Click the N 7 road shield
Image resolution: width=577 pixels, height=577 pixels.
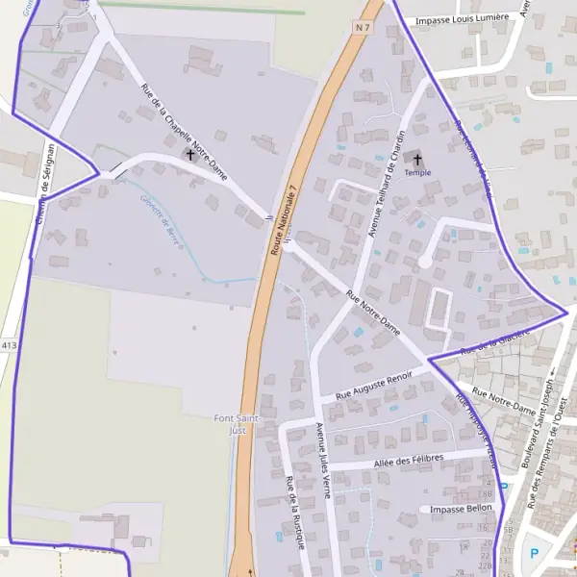pos(362,28)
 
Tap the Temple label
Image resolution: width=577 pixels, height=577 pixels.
pos(417,173)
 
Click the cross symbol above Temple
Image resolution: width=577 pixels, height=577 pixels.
pos(417,157)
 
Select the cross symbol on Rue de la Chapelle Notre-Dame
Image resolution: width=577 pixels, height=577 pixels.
pos(190,154)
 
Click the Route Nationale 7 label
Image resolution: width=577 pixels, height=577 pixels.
pos(286,216)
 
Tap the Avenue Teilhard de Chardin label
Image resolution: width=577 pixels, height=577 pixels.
pos(383,183)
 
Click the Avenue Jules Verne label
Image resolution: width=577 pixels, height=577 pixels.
pos(323,457)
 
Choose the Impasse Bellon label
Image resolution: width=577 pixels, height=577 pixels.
pos(461,508)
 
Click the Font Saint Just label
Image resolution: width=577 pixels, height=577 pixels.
pos(231,424)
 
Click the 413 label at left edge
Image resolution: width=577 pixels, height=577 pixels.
pos(10,344)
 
